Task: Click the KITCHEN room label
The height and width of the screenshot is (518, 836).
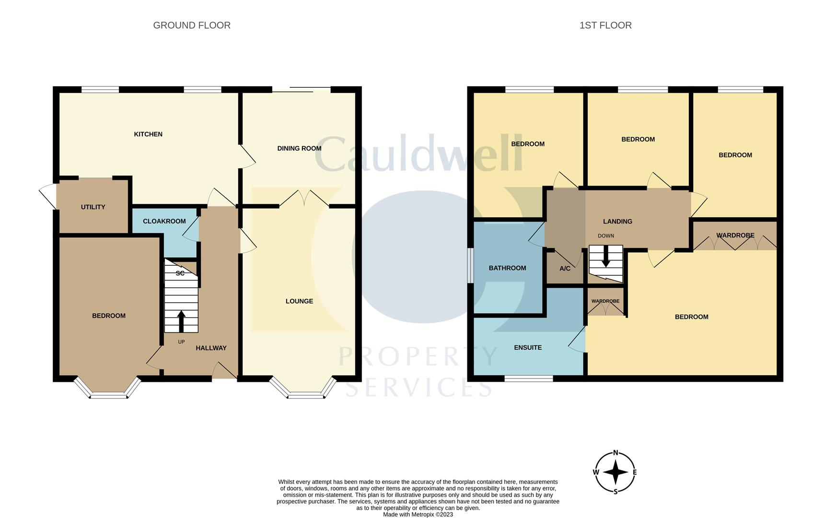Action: pyautogui.click(x=148, y=134)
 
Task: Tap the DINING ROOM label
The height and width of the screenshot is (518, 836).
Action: pyautogui.click(x=299, y=148)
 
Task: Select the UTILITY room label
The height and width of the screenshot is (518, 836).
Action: pyautogui.click(x=93, y=207)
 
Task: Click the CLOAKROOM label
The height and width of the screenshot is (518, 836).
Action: pyautogui.click(x=164, y=221)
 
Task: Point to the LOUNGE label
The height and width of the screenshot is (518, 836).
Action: pyautogui.click(x=299, y=301)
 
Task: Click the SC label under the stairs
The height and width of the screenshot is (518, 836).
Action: pyautogui.click(x=180, y=273)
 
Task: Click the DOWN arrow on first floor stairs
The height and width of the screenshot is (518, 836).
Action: pyautogui.click(x=605, y=257)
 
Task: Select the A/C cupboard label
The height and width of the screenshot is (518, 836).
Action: pyautogui.click(x=565, y=269)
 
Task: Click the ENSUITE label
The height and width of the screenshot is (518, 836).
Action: pyautogui.click(x=527, y=348)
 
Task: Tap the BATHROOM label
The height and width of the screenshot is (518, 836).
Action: pyautogui.click(x=507, y=268)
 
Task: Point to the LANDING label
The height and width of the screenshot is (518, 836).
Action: pyautogui.click(x=617, y=222)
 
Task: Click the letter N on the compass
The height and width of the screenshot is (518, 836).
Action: pyautogui.click(x=615, y=453)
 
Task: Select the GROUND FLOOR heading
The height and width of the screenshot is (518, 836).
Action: pyautogui.click(x=192, y=25)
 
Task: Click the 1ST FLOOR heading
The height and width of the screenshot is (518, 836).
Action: pyautogui.click(x=605, y=25)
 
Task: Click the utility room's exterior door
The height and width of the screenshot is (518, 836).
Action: pyautogui.click(x=47, y=196)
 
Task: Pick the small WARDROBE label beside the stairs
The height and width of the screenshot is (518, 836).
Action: pyautogui.click(x=605, y=301)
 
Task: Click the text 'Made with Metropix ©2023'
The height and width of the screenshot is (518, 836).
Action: pyautogui.click(x=418, y=515)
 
